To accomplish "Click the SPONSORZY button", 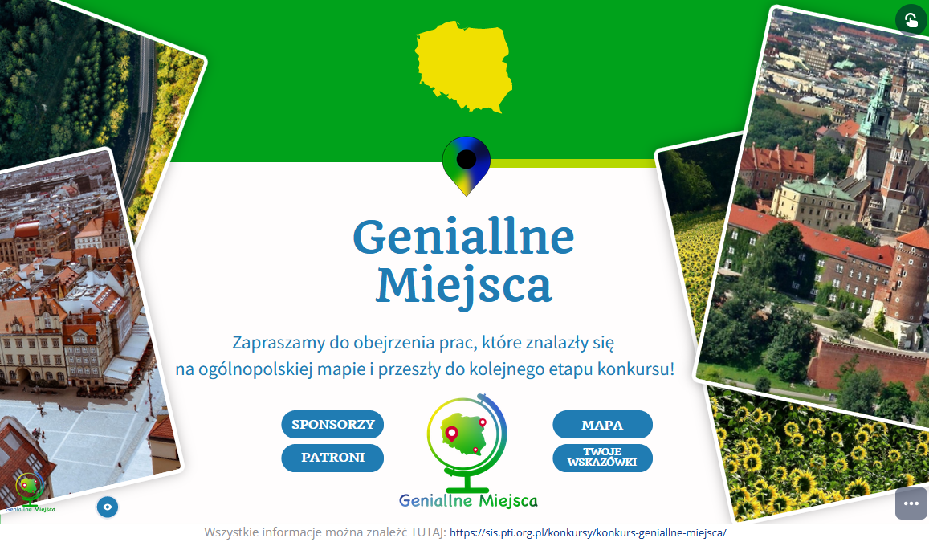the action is coord(332,424).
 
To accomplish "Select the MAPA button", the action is coord(602,424).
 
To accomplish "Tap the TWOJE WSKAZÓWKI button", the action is coord(602,458).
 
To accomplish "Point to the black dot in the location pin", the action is coord(467,159).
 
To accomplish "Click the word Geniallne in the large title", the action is coord(463,237).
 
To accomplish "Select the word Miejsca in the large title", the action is coord(464,286).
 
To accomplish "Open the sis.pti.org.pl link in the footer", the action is coord(588,532).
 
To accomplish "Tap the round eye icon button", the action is coord(108,507).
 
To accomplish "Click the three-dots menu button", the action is coord(911,503).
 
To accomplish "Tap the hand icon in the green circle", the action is coord(911,21).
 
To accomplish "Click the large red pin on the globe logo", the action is coord(451,434).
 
